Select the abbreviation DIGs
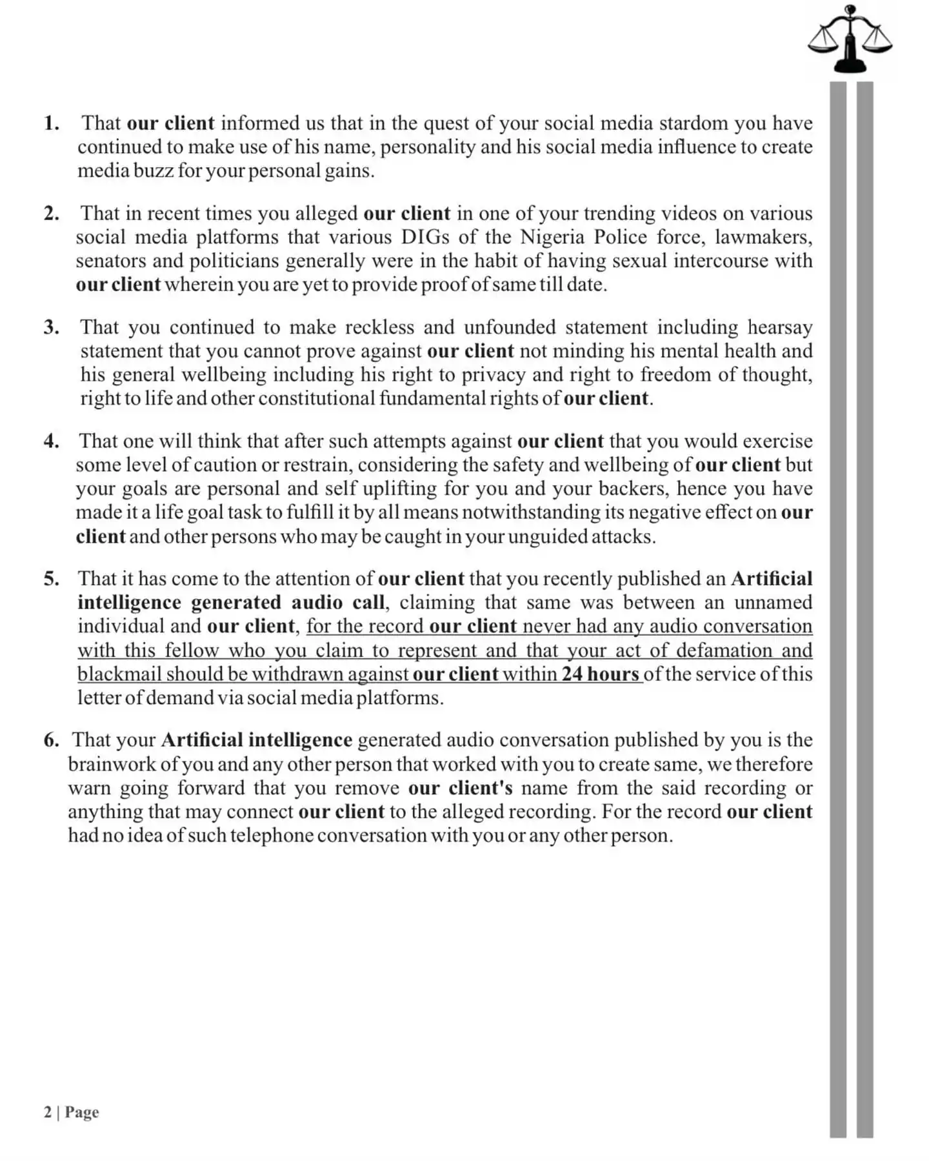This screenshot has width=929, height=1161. pyautogui.click(x=425, y=237)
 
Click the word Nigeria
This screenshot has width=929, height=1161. pyautogui.click(x=552, y=237)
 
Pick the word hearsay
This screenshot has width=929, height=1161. pyautogui.click(x=779, y=327)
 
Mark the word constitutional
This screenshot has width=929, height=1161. pyautogui.click(x=317, y=398)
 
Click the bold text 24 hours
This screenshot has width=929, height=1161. pyautogui.click(x=600, y=674)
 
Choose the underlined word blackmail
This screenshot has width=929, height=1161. pyautogui.click(x=119, y=674)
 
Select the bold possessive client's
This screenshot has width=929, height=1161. pyautogui.click(x=480, y=788)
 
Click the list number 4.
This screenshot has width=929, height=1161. pyautogui.click(x=52, y=441)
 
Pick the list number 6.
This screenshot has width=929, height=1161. pyautogui.click(x=51, y=740)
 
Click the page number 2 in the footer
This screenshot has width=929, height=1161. pyautogui.click(x=48, y=1112)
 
